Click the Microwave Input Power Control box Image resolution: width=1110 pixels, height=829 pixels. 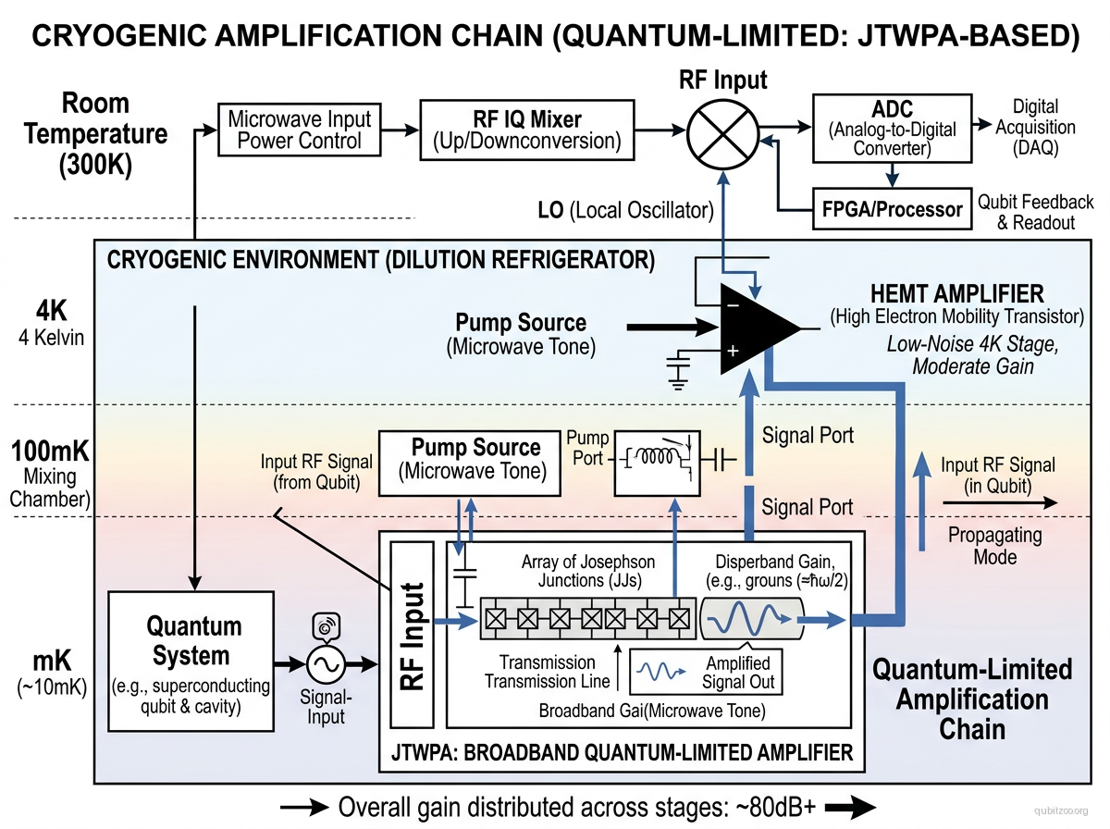coord(299,130)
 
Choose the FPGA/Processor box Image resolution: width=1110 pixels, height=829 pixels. coord(892,209)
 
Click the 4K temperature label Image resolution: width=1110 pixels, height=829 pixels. coord(50,323)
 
